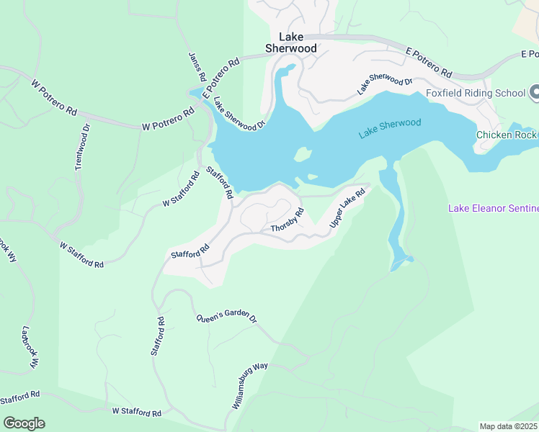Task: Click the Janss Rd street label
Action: tap(197, 66)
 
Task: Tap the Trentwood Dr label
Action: tap(82, 148)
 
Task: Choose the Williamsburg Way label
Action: tap(249, 387)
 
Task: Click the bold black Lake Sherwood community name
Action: tap(291, 42)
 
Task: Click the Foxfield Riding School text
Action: tap(476, 93)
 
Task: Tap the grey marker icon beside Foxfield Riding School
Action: tap(535, 92)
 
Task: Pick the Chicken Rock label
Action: tap(507, 135)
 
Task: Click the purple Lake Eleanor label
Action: tap(493, 209)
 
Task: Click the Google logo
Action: tap(24, 423)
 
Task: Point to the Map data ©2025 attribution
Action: tap(509, 426)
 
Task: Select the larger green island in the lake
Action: tap(303, 155)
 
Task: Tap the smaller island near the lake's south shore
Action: tap(312, 177)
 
